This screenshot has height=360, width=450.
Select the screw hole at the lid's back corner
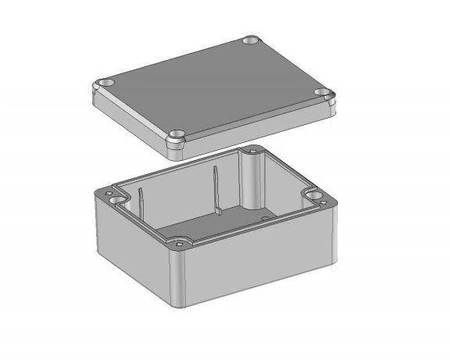click(250, 43)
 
